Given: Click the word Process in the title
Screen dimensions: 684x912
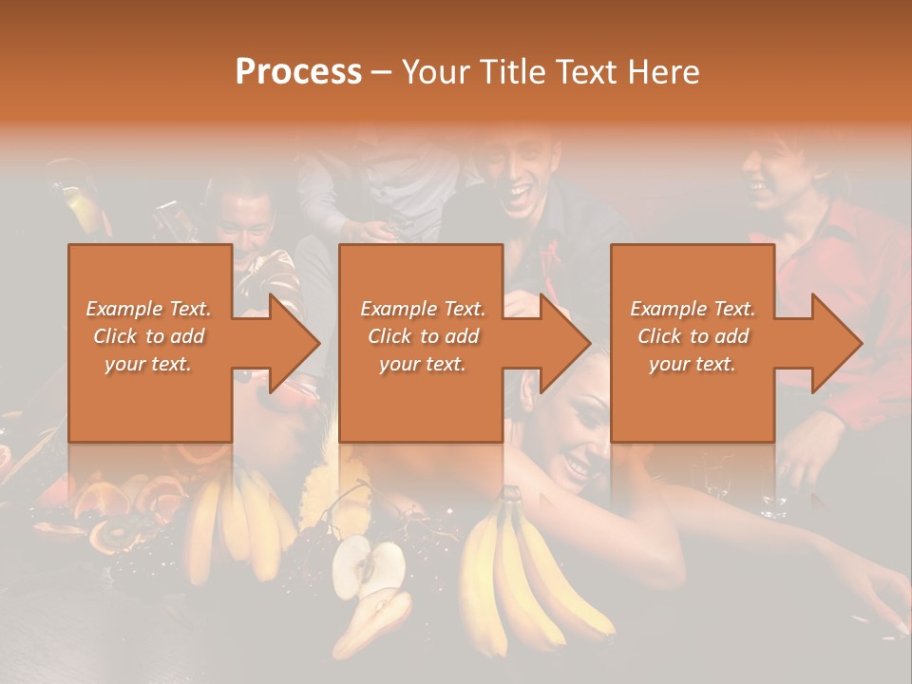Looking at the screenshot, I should tap(298, 71).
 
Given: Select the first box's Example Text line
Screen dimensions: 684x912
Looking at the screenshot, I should tap(149, 309).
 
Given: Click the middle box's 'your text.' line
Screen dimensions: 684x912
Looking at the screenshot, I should tap(423, 364).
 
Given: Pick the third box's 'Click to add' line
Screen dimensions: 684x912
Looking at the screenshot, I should tap(693, 336).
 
